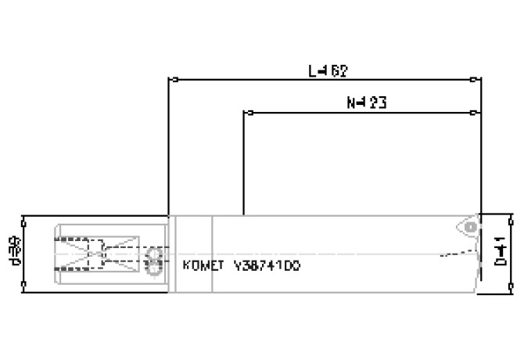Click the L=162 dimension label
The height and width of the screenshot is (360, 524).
click(x=328, y=70)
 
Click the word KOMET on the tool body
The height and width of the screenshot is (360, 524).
click(x=203, y=265)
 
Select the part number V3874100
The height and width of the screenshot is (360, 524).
click(x=266, y=265)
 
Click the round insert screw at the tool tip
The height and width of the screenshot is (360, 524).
click(x=469, y=226)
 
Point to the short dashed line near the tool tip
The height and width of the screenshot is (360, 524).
click(x=458, y=253)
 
